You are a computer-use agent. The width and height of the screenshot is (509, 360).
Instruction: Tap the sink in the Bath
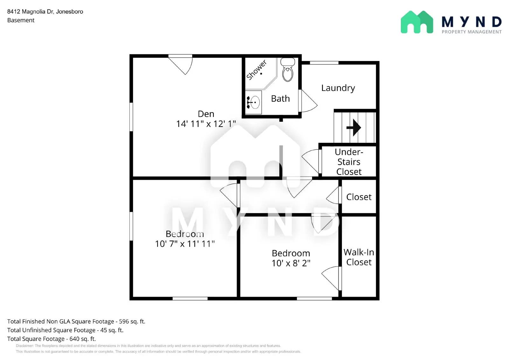click(254, 102)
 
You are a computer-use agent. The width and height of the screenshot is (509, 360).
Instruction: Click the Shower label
click(256, 70)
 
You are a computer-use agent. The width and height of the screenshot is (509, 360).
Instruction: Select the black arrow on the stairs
click(354, 128)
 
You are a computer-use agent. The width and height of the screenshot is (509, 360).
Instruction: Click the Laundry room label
click(338, 88)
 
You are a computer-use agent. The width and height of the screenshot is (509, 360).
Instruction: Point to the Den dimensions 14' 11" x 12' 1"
click(206, 124)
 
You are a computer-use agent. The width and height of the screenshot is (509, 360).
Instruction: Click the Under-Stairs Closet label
click(349, 162)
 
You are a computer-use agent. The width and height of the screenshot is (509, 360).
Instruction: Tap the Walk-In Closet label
click(359, 257)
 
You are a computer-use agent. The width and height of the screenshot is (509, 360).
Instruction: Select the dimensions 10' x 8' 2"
click(291, 263)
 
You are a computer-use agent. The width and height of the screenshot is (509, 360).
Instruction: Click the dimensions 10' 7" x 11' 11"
click(185, 244)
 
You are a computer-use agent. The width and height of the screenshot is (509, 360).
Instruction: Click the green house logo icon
click(417, 22)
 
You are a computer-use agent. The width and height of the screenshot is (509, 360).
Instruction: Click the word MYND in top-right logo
click(471, 22)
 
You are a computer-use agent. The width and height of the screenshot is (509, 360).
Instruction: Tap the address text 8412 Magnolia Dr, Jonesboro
click(45, 11)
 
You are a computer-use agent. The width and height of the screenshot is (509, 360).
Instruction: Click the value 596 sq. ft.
click(132, 322)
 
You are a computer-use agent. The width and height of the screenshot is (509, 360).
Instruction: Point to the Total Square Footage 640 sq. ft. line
click(52, 339)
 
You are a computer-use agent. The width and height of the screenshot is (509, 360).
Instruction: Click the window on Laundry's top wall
click(324, 63)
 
